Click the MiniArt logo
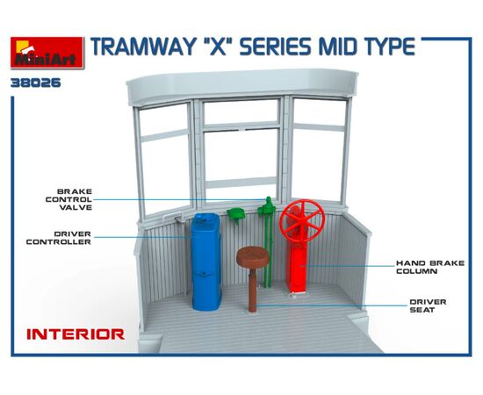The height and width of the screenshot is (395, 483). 47,53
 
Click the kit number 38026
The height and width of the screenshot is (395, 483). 36,83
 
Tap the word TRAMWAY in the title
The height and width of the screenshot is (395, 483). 142,47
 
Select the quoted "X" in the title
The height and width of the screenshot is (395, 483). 217,47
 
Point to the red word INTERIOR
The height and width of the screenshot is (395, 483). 76,334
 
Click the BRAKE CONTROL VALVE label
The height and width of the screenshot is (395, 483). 68,199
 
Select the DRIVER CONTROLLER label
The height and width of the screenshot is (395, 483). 59,238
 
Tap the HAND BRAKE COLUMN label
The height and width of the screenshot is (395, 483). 430,267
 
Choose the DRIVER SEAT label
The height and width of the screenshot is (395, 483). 428,305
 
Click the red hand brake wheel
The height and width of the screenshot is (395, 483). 302,222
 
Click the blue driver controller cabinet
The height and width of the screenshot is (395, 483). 206,262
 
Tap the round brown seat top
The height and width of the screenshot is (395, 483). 253,256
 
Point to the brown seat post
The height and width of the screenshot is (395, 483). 253,290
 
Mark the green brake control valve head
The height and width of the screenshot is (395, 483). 267,205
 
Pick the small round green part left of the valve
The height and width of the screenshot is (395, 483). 236,214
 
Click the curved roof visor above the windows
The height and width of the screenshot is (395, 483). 242,85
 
